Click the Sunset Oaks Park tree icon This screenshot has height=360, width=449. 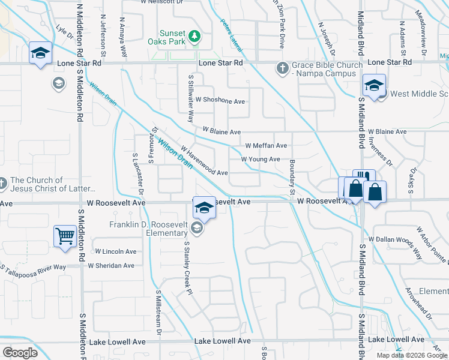[x=194, y=37]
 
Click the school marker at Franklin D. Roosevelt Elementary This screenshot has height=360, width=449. [x=204, y=207]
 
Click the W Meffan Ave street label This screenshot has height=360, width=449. [x=267, y=146]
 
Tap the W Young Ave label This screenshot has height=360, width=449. [x=261, y=159]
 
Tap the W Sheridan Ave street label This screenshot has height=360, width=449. [x=111, y=265]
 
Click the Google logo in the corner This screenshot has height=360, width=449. [x=20, y=352]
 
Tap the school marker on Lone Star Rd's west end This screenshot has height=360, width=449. [x=40, y=53]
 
